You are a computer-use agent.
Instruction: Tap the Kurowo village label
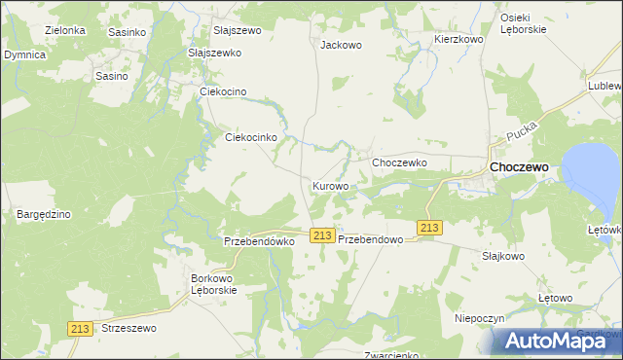pyautogui.click(x=331, y=185)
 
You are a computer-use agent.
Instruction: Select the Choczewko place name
pyautogui.click(x=400, y=162)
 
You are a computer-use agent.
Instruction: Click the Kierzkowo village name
pyautogui.click(x=458, y=39)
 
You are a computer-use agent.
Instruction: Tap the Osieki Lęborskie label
pyautogui.click(x=523, y=23)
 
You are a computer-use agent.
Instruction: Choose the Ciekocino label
pyautogui.click(x=223, y=91)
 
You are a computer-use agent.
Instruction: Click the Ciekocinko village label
pyautogui.click(x=252, y=138)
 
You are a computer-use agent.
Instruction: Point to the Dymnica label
pyautogui.click(x=24, y=55)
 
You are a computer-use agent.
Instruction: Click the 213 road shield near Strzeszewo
pyautogui.click(x=81, y=329)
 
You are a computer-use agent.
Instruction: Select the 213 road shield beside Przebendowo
pyautogui.click(x=323, y=236)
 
